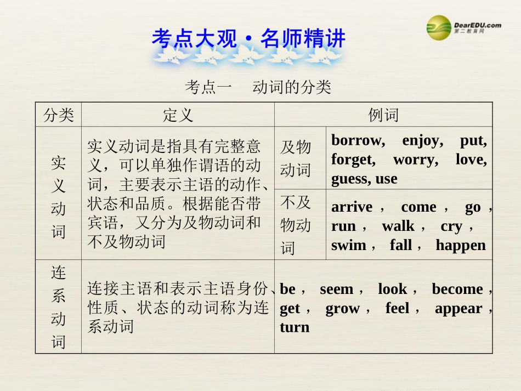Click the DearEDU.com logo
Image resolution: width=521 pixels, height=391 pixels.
463,27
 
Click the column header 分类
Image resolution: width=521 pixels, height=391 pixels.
59,115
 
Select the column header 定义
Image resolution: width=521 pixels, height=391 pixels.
178,115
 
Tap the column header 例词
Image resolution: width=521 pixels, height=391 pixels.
383,115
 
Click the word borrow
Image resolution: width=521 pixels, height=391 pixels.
356,141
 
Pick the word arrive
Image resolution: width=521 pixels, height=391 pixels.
352,207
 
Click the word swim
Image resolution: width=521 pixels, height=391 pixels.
348,245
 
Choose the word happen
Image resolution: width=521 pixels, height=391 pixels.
461,245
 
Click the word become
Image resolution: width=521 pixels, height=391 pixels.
457,289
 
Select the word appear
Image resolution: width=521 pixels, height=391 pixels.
458,308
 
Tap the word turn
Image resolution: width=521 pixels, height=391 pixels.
295,327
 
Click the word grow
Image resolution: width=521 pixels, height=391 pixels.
342,308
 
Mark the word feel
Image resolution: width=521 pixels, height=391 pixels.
397,308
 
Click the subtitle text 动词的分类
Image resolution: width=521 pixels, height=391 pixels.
292,87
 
